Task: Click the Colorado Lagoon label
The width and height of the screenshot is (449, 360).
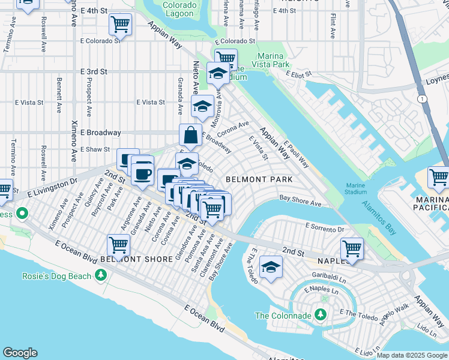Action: (179, 9)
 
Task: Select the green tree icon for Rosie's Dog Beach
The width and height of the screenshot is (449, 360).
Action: (101, 275)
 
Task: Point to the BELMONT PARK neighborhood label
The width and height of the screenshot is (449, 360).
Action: (259, 179)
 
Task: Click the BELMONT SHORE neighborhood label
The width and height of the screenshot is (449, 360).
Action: (128, 259)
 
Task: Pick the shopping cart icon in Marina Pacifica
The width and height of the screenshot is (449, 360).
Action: (439, 177)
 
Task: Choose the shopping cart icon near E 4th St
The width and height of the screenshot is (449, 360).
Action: (120, 25)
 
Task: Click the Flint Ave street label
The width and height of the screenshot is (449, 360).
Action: (333, 24)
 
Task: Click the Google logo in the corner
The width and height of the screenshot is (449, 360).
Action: (20, 353)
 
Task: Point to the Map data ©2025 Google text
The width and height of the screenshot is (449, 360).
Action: (411, 355)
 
